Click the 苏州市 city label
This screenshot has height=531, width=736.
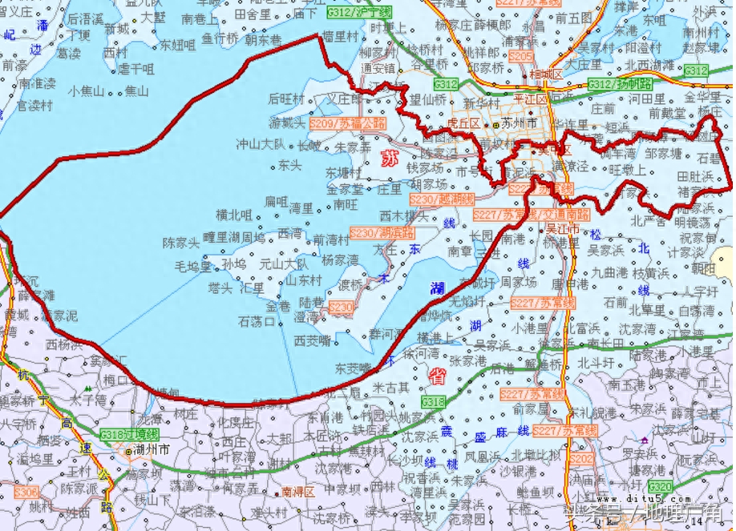(521, 123)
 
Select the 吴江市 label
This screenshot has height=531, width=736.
(562, 228)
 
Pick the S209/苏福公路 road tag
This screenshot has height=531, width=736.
(346, 124)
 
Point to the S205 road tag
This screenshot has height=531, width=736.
(520, 57)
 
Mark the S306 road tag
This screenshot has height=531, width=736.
(26, 492)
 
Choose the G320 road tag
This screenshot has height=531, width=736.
(661, 487)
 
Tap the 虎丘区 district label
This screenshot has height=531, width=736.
(463, 123)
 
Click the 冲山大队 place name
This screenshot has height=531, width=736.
(260, 145)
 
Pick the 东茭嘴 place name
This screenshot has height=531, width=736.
(353, 368)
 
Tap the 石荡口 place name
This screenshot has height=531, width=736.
(257, 321)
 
